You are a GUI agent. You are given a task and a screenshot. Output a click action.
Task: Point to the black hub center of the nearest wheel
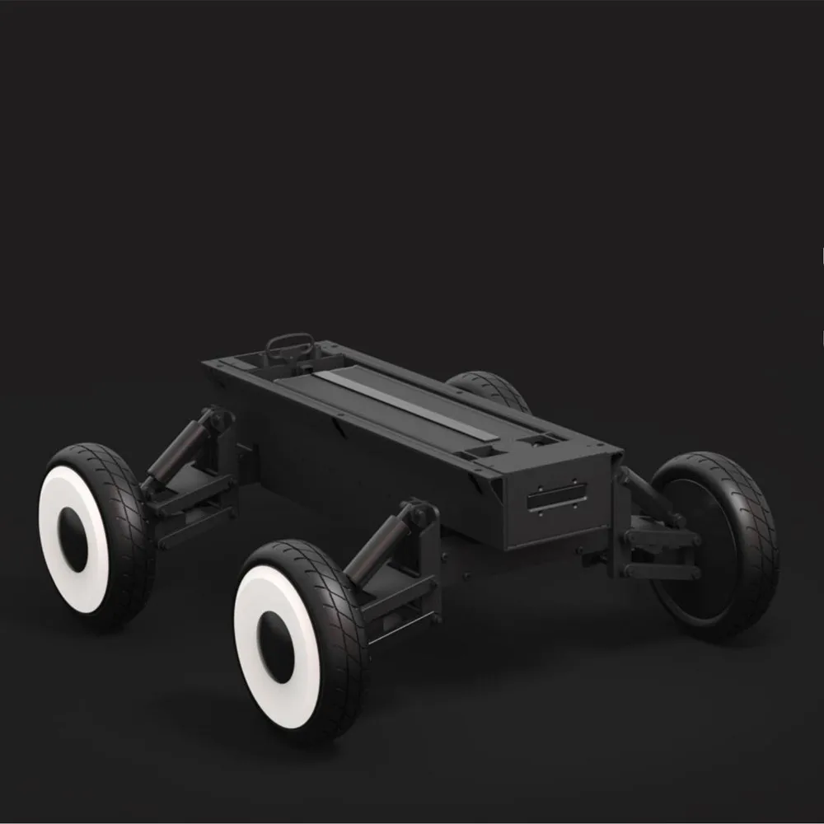coord(279,651)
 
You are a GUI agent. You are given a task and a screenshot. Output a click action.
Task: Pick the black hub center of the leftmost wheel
coord(75,539)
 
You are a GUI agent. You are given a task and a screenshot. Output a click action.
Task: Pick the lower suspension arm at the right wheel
coord(659,569)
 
